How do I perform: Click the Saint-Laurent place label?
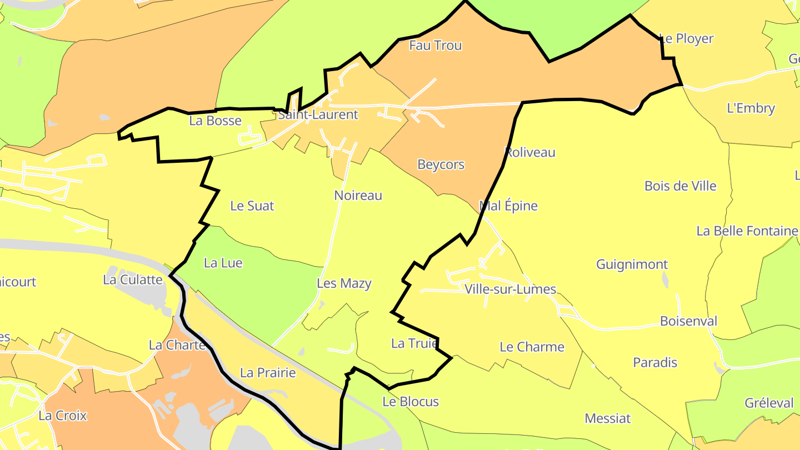pyautogui.click(x=318, y=115)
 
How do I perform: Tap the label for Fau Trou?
pyautogui.click(x=436, y=46)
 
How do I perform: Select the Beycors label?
pyautogui.click(x=441, y=164)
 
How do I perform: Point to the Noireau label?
pyautogui.click(x=358, y=196)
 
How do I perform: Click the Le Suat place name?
pyautogui.click(x=252, y=206)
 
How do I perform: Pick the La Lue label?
pyautogui.click(x=223, y=263)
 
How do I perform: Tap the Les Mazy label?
pyautogui.click(x=344, y=283)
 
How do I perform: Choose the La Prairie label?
pyautogui.click(x=268, y=373)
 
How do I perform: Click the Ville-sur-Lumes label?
pyautogui.click(x=511, y=289)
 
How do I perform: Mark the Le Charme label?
pyautogui.click(x=532, y=347)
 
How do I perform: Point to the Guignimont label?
pyautogui.click(x=632, y=264)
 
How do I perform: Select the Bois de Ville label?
pyautogui.click(x=681, y=186)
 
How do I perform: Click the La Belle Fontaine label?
pyautogui.click(x=747, y=231)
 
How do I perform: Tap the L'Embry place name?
pyautogui.click(x=751, y=108)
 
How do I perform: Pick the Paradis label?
pyautogui.click(x=656, y=363)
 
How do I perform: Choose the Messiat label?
pyautogui.click(x=608, y=418)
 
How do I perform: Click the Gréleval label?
pyautogui.click(x=769, y=403)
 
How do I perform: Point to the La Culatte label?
pyautogui.click(x=133, y=279)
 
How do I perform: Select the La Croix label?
pyautogui.click(x=63, y=416)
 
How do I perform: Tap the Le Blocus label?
pyautogui.click(x=411, y=402)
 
